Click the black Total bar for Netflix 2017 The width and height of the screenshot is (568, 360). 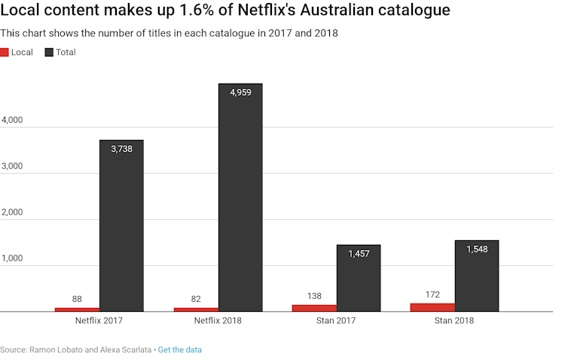click(121, 226)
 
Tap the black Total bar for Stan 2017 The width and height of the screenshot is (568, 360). click(359, 278)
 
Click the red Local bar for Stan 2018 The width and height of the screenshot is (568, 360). click(432, 307)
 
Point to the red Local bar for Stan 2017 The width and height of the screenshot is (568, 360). click(314, 308)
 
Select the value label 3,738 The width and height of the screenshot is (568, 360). click(121, 150)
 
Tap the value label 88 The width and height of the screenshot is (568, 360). click(77, 299)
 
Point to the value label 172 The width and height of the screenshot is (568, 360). click(432, 294)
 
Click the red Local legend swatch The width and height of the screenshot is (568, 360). click(5, 52)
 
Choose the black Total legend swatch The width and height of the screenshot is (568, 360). click(50, 52)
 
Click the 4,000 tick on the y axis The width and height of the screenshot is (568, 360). click(13, 121)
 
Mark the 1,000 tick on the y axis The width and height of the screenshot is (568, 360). click(13, 258)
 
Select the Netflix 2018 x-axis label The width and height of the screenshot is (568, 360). click(218, 321)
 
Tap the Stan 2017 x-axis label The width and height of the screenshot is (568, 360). click(336, 321)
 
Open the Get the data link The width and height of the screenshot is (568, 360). click(180, 350)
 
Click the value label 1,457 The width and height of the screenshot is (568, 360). click(359, 255)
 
